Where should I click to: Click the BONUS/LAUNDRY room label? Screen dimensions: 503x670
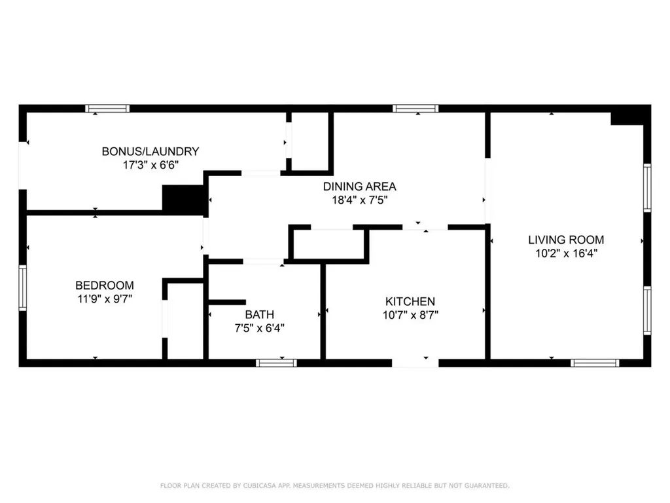150,151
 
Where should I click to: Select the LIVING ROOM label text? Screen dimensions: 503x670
566,240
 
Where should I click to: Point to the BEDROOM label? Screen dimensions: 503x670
105,286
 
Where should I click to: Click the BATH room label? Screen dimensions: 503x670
260,314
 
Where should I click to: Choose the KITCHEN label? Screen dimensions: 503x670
410,301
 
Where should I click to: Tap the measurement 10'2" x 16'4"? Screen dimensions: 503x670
566,253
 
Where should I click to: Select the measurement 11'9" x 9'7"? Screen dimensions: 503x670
105,299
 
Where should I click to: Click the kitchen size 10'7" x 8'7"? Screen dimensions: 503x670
410,314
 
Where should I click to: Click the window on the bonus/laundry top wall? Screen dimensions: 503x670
107,109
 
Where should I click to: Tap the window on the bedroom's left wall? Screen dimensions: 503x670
22,288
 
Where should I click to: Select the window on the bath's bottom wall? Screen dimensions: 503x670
276,362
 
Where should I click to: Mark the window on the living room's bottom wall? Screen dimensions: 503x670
594,362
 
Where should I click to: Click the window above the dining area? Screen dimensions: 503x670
415,109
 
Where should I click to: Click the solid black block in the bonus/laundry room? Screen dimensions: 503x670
183,199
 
